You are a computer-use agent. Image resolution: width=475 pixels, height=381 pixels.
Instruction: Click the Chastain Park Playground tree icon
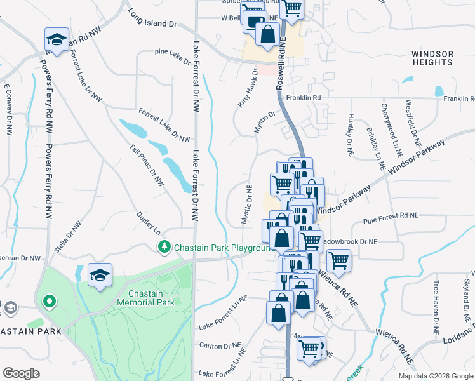tap(164, 246)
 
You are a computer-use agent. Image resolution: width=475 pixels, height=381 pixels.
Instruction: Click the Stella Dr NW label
tap(68, 237)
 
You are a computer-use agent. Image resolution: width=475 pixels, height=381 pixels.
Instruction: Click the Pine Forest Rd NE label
tap(391, 216)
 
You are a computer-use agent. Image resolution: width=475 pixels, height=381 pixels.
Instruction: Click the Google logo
tap(21, 373)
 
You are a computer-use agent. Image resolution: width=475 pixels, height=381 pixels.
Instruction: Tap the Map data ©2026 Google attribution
tap(435, 376)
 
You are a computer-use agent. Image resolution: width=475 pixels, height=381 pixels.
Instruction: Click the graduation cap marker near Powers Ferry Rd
tap(57, 40)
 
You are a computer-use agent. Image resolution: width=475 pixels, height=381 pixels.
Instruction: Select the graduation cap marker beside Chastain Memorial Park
tap(100, 275)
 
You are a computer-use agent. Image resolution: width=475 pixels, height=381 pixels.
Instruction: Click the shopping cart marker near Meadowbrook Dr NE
tap(338, 260)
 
